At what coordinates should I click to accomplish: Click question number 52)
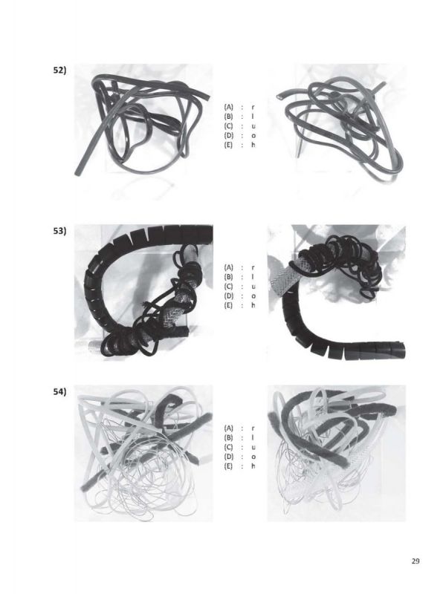point(59,71)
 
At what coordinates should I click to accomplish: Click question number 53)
point(59,231)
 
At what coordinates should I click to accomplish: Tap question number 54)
point(59,392)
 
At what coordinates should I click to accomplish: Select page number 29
point(416,561)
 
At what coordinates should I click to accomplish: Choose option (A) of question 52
point(228,107)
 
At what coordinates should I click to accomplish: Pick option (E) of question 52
point(228,145)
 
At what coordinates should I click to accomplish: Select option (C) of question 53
point(228,287)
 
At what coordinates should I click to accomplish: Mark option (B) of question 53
point(228,277)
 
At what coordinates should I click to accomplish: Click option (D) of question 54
point(228,457)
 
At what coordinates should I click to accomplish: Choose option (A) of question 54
point(228,428)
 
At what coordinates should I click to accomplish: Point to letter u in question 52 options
point(253,126)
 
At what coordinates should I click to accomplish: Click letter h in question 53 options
point(253,305)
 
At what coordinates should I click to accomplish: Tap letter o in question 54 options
point(253,457)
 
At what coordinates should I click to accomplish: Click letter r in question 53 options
point(253,268)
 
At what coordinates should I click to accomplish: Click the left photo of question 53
point(143,293)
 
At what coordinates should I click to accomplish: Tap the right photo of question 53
point(337,293)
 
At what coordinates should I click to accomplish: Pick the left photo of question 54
point(143,453)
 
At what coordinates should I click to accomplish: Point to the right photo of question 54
point(337,453)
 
